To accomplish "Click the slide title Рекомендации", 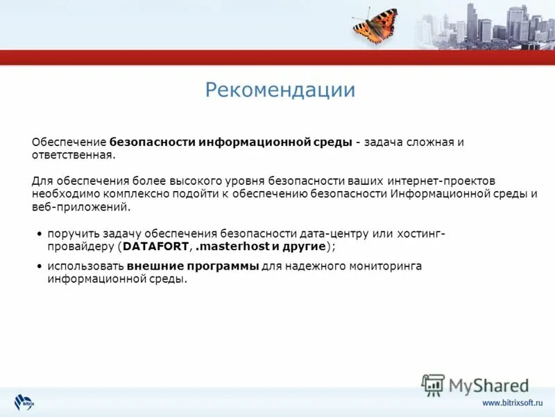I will (280, 90).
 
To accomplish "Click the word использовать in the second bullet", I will (86, 266).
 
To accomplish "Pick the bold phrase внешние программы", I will (193, 266).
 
